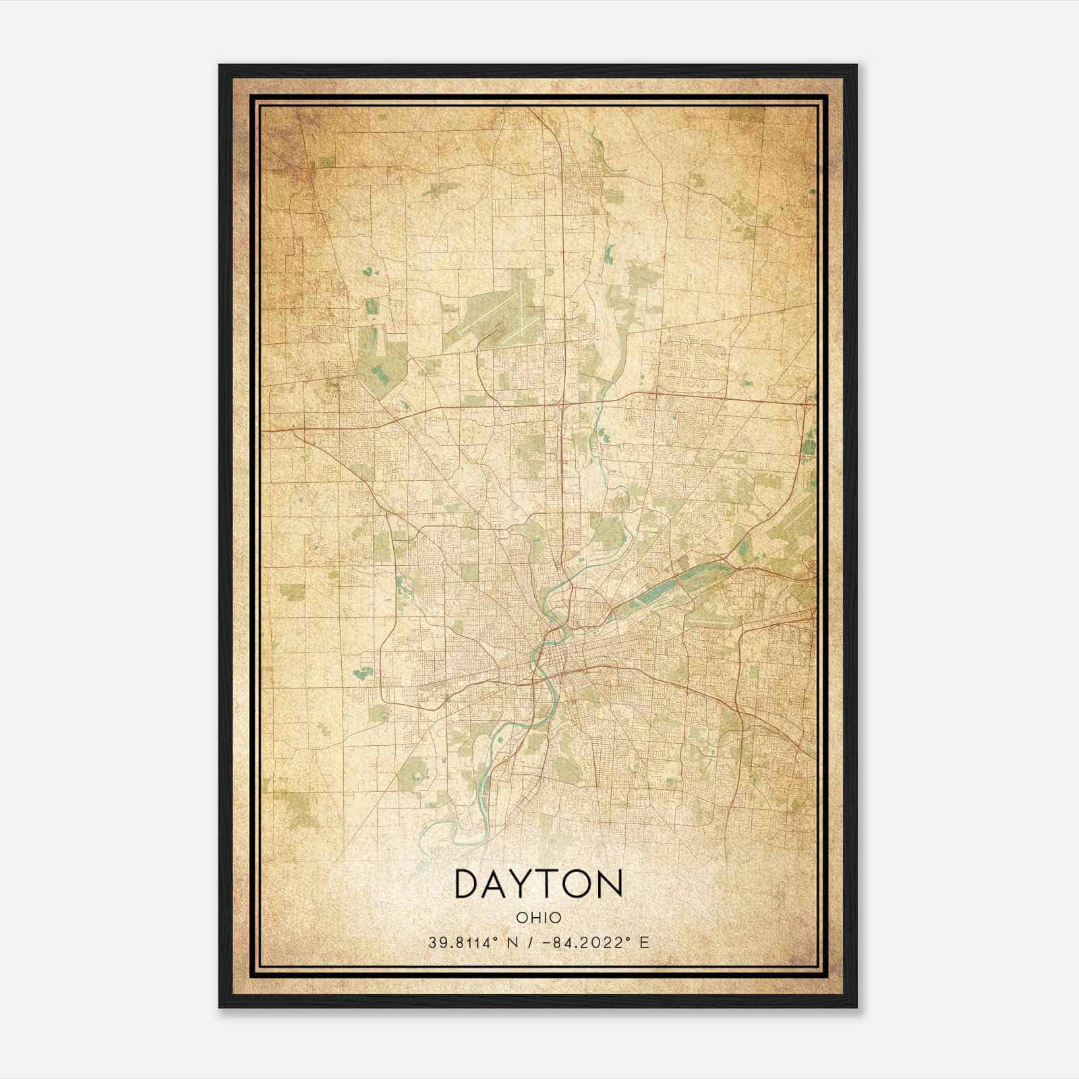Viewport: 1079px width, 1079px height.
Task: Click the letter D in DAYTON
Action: (469, 884)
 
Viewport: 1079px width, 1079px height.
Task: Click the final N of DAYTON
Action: (611, 884)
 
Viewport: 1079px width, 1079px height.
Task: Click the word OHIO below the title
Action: (539, 918)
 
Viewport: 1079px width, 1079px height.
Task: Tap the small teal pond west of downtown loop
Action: (362, 672)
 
